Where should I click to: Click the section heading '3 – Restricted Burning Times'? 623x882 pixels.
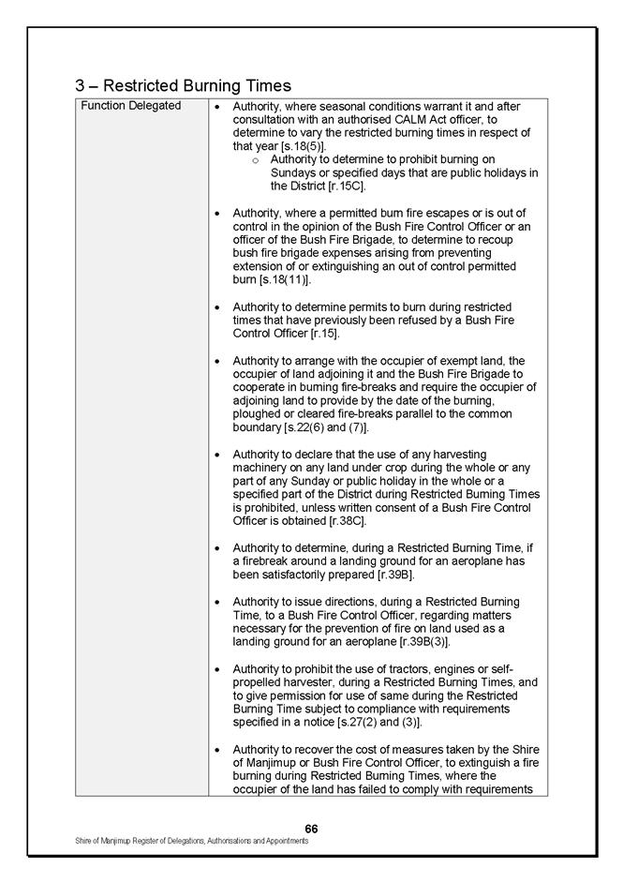pos(183,85)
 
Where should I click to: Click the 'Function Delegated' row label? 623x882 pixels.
pos(131,106)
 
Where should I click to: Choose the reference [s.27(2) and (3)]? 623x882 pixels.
pos(376,723)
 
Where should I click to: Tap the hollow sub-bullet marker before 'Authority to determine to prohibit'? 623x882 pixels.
pos(256,160)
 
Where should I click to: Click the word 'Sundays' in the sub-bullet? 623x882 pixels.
pos(292,173)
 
